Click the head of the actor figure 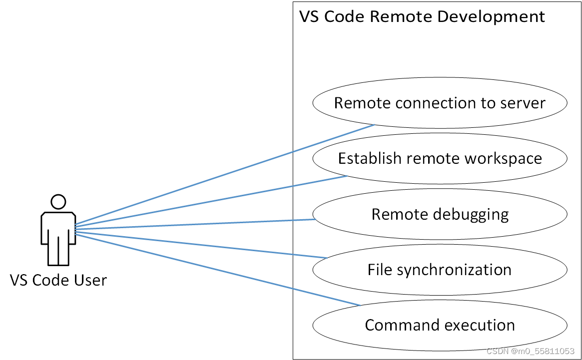click(x=58, y=202)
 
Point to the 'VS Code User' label click(x=58, y=280)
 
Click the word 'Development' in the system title click(x=492, y=16)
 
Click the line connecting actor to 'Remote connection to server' click(x=225, y=175)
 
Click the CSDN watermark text click(x=530, y=352)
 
